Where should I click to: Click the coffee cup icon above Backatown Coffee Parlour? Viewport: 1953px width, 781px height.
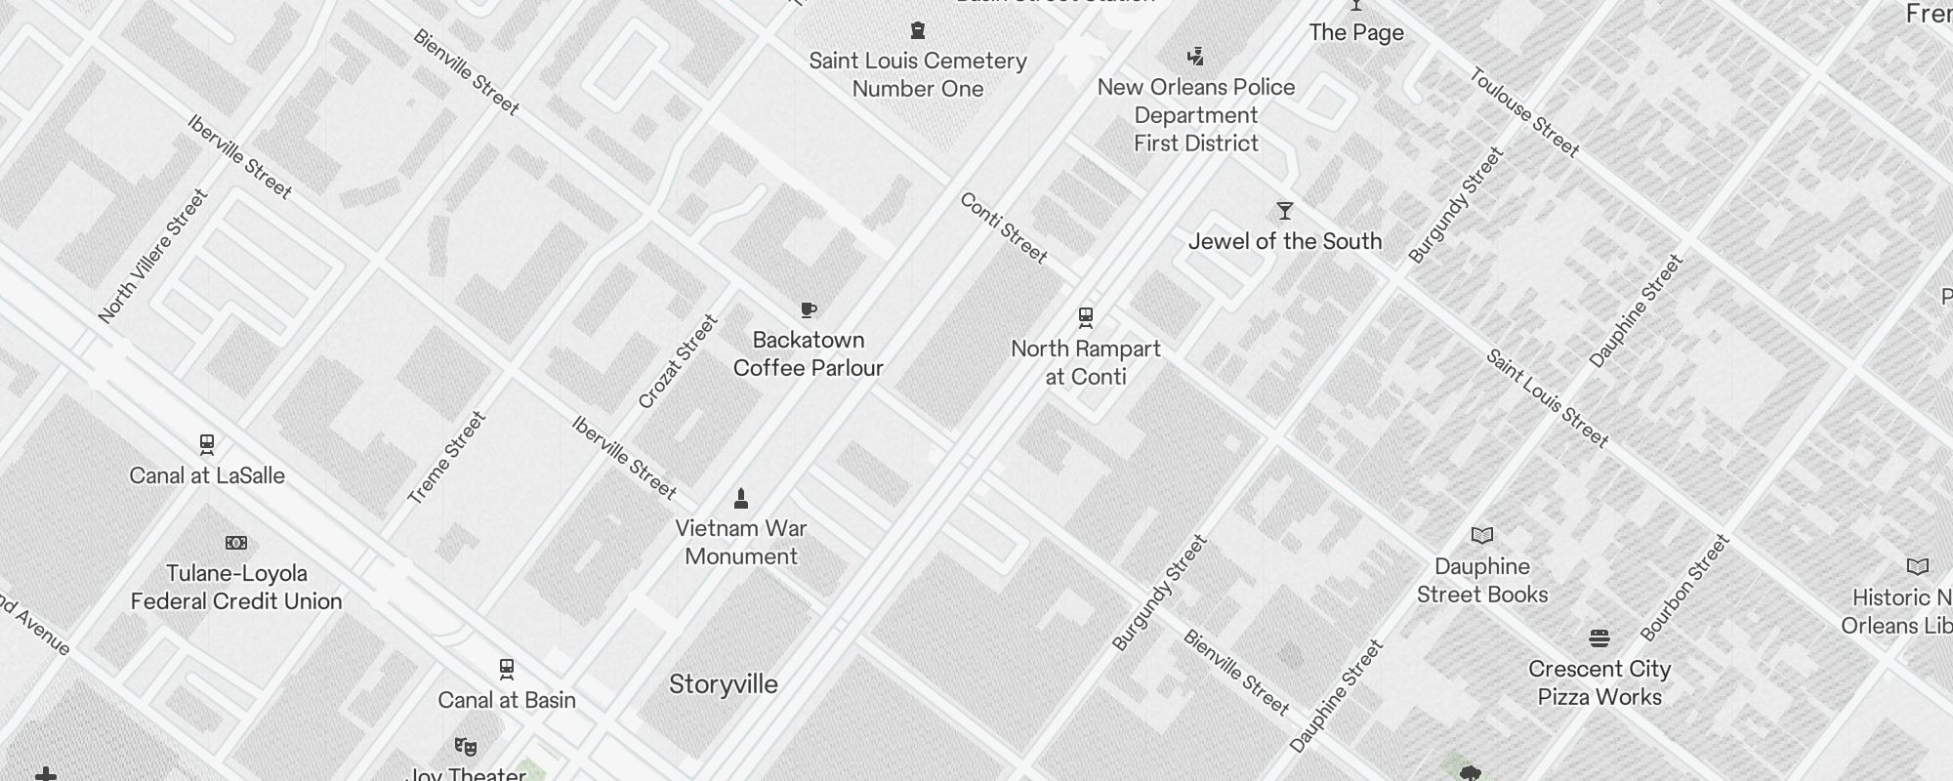pyautogui.click(x=809, y=310)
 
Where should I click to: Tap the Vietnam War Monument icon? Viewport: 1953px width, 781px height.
pyautogui.click(x=741, y=499)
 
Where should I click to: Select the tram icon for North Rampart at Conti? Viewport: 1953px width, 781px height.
pyautogui.click(x=1085, y=317)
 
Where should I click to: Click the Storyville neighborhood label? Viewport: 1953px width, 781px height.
pyautogui.click(x=723, y=684)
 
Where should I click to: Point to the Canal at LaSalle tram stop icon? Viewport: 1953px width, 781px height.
pyautogui.click(x=207, y=445)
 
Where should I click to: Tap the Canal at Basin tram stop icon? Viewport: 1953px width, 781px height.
pyautogui.click(x=506, y=670)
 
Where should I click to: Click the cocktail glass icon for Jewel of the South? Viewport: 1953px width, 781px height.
pyautogui.click(x=1285, y=211)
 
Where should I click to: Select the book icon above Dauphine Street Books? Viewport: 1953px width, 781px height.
pyautogui.click(x=1482, y=535)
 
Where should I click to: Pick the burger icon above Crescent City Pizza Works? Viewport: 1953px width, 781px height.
pyautogui.click(x=1599, y=638)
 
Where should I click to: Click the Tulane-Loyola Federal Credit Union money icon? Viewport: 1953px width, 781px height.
pyautogui.click(x=236, y=543)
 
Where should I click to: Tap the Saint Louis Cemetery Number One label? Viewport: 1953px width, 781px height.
pyautogui.click(x=918, y=74)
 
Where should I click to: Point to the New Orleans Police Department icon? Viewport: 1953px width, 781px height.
pyautogui.click(x=1196, y=56)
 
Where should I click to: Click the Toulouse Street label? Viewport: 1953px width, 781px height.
pyautogui.click(x=1523, y=111)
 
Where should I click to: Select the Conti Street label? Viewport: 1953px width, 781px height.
pyautogui.click(x=1003, y=227)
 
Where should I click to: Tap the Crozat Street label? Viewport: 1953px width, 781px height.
pyautogui.click(x=678, y=361)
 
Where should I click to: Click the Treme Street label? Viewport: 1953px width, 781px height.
pyautogui.click(x=446, y=458)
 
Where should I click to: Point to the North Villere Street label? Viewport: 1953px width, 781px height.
pyautogui.click(x=153, y=256)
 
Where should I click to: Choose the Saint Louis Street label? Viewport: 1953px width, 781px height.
pyautogui.click(x=1547, y=398)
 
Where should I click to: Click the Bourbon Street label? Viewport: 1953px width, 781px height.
pyautogui.click(x=1684, y=588)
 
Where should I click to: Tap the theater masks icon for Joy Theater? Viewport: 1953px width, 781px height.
pyautogui.click(x=466, y=747)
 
